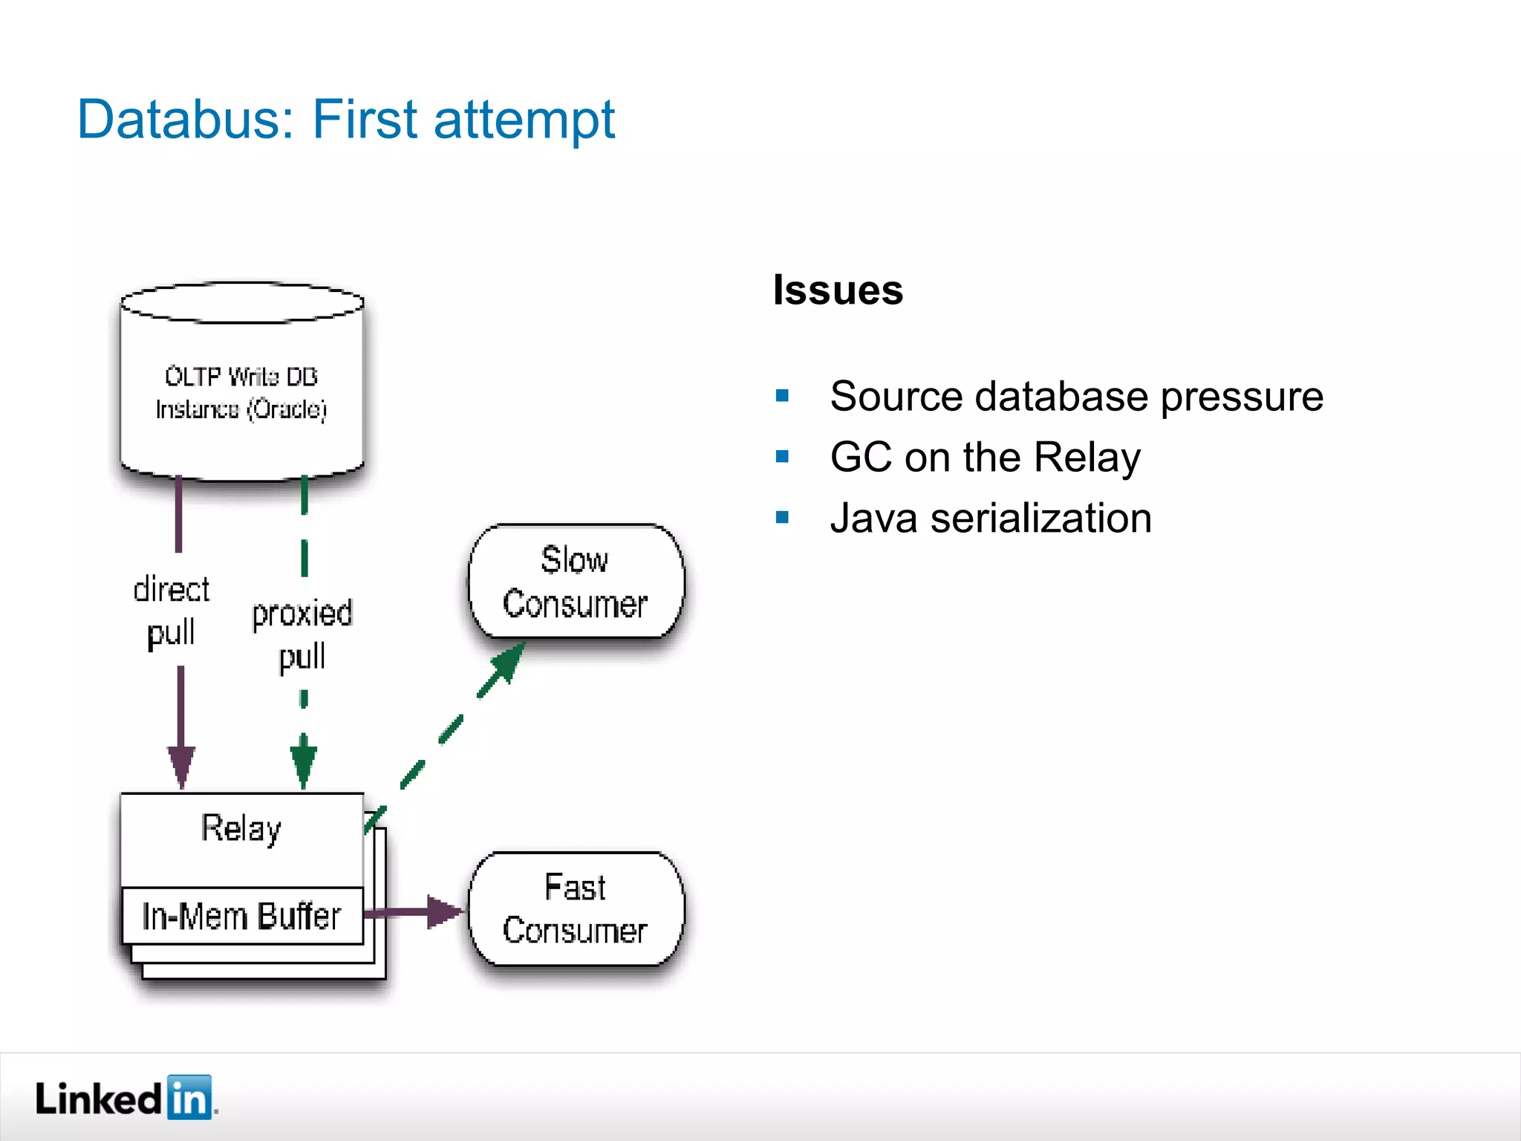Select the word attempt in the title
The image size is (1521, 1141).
coord(524,120)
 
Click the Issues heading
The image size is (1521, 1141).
coord(838,290)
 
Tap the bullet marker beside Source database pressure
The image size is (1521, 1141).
coord(782,396)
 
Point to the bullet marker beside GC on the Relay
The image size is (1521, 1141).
coord(782,457)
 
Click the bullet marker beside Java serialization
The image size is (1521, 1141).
coord(782,518)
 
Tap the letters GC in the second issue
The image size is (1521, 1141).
coord(861,457)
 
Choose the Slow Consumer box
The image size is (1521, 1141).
coord(576,582)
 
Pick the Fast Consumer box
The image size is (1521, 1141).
coord(576,909)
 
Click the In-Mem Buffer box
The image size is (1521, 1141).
coord(242,916)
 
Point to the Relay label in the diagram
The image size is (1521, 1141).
coord(241,829)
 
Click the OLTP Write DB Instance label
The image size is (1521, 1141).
coord(241,393)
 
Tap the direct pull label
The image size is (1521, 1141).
coord(172,611)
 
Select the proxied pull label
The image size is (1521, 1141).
coord(302,635)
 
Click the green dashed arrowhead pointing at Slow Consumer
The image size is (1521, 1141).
coord(507,660)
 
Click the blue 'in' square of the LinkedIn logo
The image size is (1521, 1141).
coord(189,1097)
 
